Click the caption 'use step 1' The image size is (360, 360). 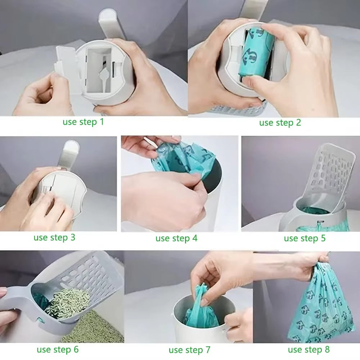pyautogui.click(x=83, y=122)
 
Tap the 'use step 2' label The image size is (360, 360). pyautogui.click(x=280, y=123)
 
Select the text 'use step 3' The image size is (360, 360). pyautogui.click(x=54, y=238)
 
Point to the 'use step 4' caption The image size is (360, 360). pyautogui.click(x=176, y=238)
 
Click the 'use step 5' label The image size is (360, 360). pyautogui.click(x=305, y=238)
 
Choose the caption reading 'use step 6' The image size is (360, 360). pyautogui.click(x=58, y=349)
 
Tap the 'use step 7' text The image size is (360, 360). pyautogui.click(x=189, y=350)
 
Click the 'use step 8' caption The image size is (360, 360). pyautogui.click(x=309, y=349)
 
